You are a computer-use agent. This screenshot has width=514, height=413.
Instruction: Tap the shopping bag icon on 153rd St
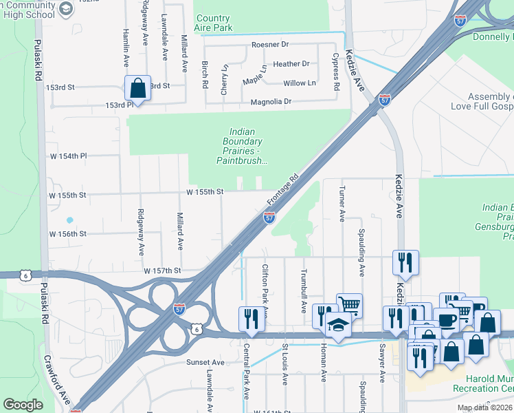137,88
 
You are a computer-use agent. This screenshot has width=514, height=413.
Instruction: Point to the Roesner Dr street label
271,45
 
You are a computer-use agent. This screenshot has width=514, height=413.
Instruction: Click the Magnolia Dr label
271,101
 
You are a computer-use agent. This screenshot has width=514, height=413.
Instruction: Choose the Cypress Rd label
336,73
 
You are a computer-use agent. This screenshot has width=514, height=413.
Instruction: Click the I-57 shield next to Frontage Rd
269,218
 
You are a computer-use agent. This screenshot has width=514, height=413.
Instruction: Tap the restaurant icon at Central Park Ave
249,318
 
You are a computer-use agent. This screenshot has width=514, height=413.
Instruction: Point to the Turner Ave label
342,204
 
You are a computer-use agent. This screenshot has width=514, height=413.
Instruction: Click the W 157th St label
161,271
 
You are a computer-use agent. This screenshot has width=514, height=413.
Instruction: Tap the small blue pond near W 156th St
69,221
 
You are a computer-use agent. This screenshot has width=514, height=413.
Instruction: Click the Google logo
23,405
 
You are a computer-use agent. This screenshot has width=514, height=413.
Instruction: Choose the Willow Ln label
300,83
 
